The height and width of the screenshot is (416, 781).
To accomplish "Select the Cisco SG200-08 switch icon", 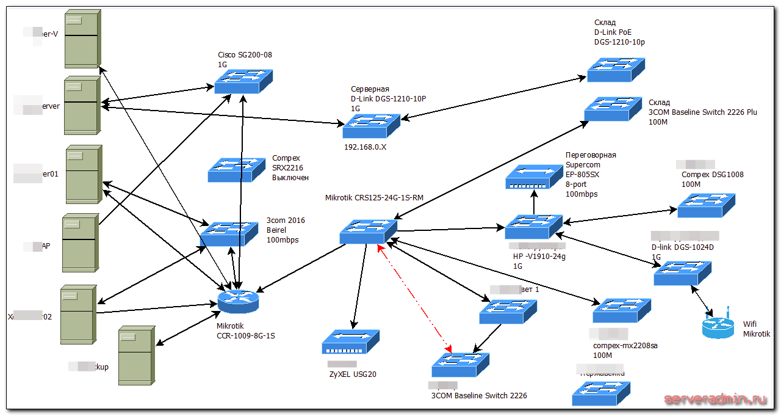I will click(243, 81).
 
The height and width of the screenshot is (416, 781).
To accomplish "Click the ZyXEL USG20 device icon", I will click(350, 343).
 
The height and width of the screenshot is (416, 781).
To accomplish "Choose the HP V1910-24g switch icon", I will click(533, 227).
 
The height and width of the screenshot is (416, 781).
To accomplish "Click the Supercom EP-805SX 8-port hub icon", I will click(534, 177).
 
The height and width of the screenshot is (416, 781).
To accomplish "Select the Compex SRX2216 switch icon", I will click(237, 170).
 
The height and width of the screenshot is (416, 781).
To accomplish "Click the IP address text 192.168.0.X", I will click(365, 147).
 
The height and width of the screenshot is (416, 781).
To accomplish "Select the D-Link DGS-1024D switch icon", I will click(682, 273).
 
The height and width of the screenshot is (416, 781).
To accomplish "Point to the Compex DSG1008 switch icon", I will click(706, 205).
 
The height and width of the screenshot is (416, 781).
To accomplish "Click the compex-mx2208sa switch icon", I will click(621, 310).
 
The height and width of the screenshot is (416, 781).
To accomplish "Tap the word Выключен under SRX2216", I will click(290, 178).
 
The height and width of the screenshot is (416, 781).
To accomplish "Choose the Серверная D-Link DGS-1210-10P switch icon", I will click(371, 126).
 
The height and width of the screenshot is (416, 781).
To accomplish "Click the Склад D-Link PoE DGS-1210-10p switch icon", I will click(616, 69).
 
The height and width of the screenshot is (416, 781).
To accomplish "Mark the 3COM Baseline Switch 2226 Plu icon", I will click(613, 109).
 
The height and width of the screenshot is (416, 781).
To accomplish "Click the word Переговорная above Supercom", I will click(591, 155).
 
